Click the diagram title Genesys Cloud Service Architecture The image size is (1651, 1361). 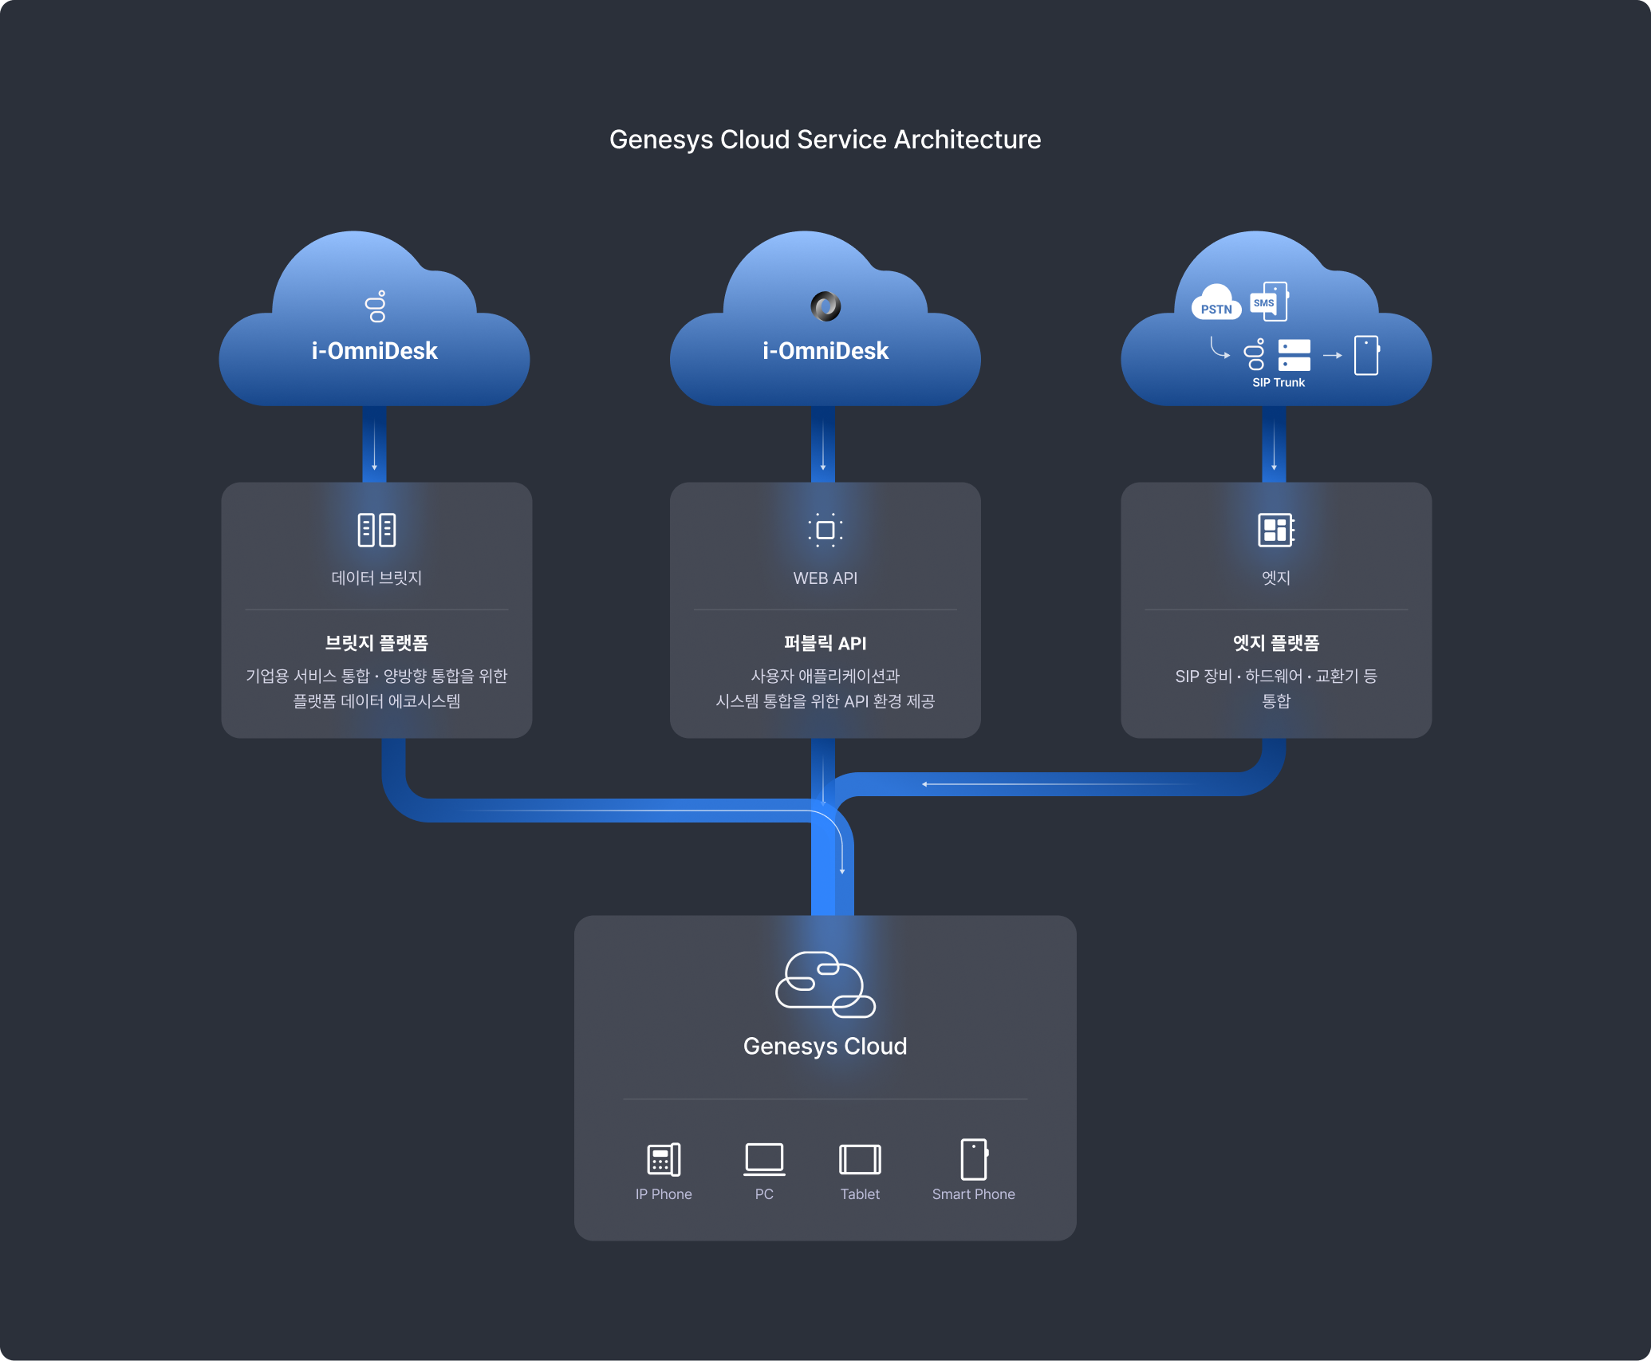(825, 140)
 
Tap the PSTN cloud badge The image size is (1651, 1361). (1216, 304)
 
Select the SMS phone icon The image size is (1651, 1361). (1270, 302)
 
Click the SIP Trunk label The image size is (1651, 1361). (1279, 383)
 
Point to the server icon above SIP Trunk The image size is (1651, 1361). (1294, 355)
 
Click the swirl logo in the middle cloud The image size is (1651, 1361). (825, 306)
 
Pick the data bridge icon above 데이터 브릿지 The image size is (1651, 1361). (376, 530)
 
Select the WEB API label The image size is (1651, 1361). (825, 578)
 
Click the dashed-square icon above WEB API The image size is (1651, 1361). (825, 530)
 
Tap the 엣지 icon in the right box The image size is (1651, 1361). (1275, 530)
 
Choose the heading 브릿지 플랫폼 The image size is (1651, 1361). (376, 643)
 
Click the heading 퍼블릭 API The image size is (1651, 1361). (825, 643)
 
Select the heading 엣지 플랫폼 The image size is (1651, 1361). (1275, 643)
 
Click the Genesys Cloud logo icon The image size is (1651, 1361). (825, 984)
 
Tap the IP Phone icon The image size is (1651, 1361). (664, 1159)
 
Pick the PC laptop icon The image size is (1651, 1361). (764, 1159)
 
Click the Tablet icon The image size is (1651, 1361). (860, 1159)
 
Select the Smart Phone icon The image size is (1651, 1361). (974, 1159)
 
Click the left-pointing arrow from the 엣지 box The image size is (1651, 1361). (925, 784)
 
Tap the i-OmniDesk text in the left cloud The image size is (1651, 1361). (374, 351)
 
